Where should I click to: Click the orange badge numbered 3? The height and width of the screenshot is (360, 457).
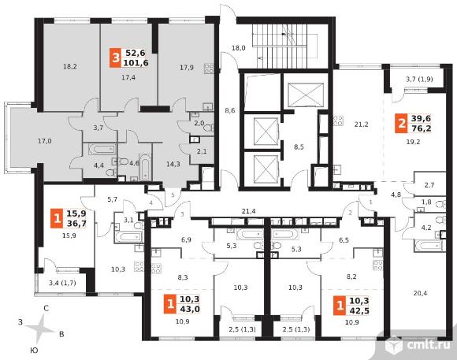tap(115, 58)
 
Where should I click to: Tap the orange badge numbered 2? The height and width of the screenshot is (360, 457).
tap(401, 124)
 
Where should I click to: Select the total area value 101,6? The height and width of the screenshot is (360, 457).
tap(136, 63)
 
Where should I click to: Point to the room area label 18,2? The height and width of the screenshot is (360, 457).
tap(70, 66)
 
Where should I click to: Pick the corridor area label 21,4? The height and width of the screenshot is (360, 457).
tap(249, 211)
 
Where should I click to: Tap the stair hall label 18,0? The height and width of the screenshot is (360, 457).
tap(238, 48)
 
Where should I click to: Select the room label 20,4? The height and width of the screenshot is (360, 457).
tap(420, 293)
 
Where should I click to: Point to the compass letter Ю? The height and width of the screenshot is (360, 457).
tap(35, 351)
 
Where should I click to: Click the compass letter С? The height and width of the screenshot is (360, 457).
tap(46, 309)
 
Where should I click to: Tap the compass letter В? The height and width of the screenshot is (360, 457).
tap(61, 334)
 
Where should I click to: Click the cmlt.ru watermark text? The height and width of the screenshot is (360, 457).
tap(428, 345)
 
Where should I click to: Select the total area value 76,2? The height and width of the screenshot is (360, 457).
tap(422, 128)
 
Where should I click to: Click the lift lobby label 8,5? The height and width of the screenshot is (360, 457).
tap(299, 147)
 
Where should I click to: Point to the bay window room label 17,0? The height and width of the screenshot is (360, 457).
tap(45, 141)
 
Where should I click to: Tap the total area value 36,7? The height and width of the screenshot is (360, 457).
tap(76, 223)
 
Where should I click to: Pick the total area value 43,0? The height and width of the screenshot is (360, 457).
tap(190, 309)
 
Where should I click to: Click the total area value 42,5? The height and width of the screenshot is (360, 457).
tap(359, 310)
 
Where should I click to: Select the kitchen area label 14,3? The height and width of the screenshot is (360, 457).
tap(173, 164)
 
